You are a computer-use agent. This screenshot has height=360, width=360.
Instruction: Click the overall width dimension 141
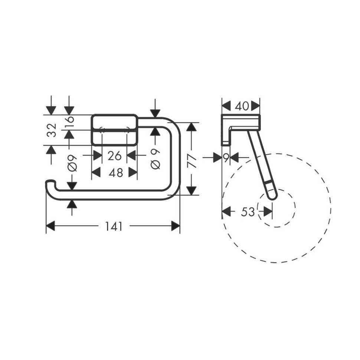(x=114, y=226)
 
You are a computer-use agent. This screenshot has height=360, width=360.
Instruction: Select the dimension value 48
(x=116, y=173)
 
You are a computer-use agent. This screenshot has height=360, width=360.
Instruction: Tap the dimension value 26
(x=114, y=156)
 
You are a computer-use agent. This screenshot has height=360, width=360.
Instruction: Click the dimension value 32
(x=52, y=130)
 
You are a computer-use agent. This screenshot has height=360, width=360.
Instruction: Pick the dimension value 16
(x=69, y=119)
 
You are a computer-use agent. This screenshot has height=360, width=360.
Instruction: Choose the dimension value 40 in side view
(x=242, y=106)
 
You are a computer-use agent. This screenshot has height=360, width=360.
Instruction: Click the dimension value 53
(x=248, y=212)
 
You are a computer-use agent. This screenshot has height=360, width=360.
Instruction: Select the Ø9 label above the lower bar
(x=72, y=163)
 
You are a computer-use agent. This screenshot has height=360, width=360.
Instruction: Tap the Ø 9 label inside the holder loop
(x=156, y=158)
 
